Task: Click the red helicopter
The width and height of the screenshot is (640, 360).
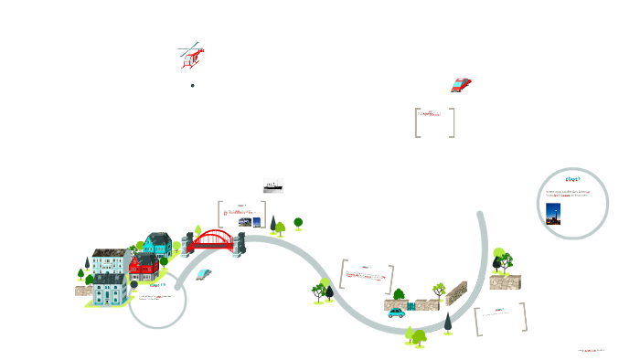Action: point(190,57)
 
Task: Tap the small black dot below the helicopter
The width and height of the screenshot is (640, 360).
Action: point(193,85)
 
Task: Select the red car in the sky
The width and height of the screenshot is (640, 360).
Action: point(461,85)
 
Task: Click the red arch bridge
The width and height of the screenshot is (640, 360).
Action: point(214,240)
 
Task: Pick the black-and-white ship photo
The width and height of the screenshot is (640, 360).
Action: point(272,185)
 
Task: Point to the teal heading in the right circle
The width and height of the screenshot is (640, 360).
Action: point(573,178)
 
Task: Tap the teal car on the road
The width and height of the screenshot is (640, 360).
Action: point(396,312)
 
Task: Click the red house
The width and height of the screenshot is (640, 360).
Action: point(144,266)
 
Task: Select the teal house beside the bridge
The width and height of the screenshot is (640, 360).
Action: point(157,243)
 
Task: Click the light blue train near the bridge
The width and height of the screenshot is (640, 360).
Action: point(203,273)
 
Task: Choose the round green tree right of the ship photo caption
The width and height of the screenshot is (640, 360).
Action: point(298,222)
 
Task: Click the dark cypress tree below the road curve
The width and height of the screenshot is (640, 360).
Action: point(448,323)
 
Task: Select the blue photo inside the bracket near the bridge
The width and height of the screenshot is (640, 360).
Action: point(257,221)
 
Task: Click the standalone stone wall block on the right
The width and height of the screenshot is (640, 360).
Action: point(504,282)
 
